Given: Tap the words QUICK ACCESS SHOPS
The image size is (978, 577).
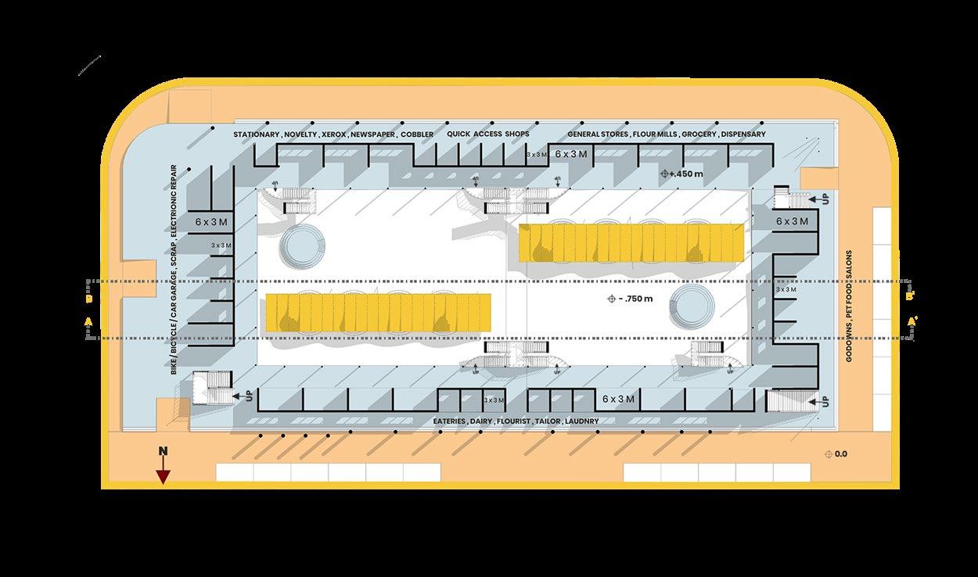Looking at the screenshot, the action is coord(488,134).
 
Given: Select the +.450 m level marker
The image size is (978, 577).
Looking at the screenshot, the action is coord(684,174).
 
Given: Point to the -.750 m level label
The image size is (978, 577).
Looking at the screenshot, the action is coord(635,299).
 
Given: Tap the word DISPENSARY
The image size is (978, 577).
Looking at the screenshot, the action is coord(743,134).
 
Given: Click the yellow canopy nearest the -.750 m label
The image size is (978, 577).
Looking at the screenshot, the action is coord(631,242).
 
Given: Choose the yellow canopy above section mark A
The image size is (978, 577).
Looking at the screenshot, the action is coord(379,312).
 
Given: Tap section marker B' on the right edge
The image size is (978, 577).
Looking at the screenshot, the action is coord(909,297).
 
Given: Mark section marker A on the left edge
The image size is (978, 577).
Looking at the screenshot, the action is coord(88,321).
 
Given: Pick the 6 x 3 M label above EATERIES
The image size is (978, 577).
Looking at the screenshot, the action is coord(618,400).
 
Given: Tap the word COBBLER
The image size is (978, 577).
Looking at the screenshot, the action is coord(419,134).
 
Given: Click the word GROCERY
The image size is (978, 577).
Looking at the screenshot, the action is coord(699,134).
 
